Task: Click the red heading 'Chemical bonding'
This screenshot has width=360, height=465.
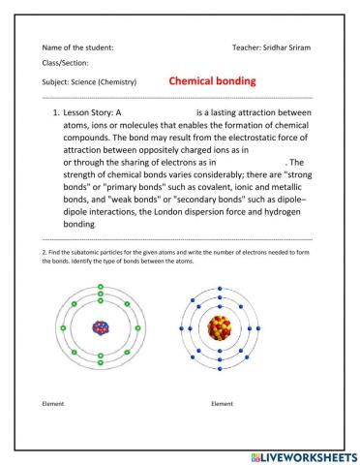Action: pos(212,81)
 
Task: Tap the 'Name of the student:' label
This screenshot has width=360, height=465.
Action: pos(78,46)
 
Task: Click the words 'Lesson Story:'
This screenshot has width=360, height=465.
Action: pos(93,113)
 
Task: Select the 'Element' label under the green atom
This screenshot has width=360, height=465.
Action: pos(55,401)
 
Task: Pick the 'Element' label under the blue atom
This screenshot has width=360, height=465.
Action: pos(223,401)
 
